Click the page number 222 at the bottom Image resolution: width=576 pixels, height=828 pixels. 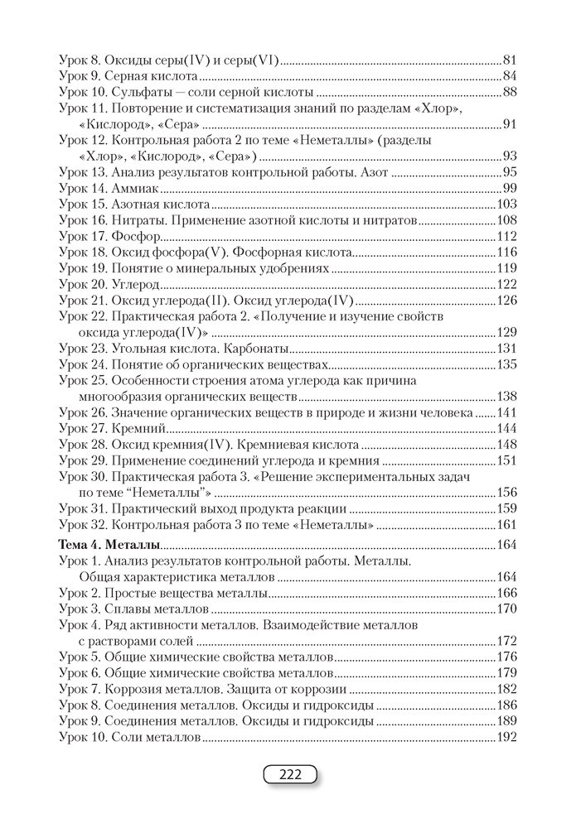coord(288,775)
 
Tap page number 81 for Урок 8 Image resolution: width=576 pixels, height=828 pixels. coord(510,60)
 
